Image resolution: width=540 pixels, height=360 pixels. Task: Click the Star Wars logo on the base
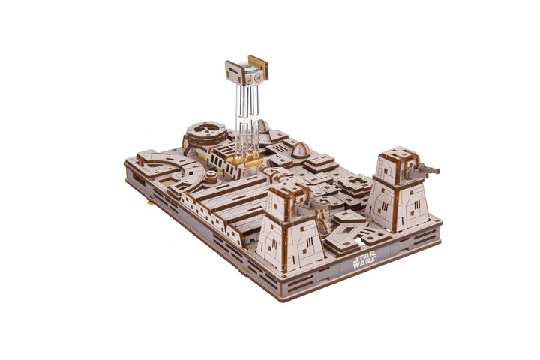pyautogui.click(x=364, y=259)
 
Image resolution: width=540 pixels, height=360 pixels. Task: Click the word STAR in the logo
pyautogui.click(x=365, y=256)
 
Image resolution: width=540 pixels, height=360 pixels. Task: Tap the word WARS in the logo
pyautogui.click(x=363, y=264)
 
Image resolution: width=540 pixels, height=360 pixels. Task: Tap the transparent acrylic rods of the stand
pyautogui.click(x=247, y=118)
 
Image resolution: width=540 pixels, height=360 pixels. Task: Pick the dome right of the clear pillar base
pyautogui.click(x=300, y=150)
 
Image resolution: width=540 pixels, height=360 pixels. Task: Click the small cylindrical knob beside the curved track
pyautogui.click(x=211, y=177)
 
